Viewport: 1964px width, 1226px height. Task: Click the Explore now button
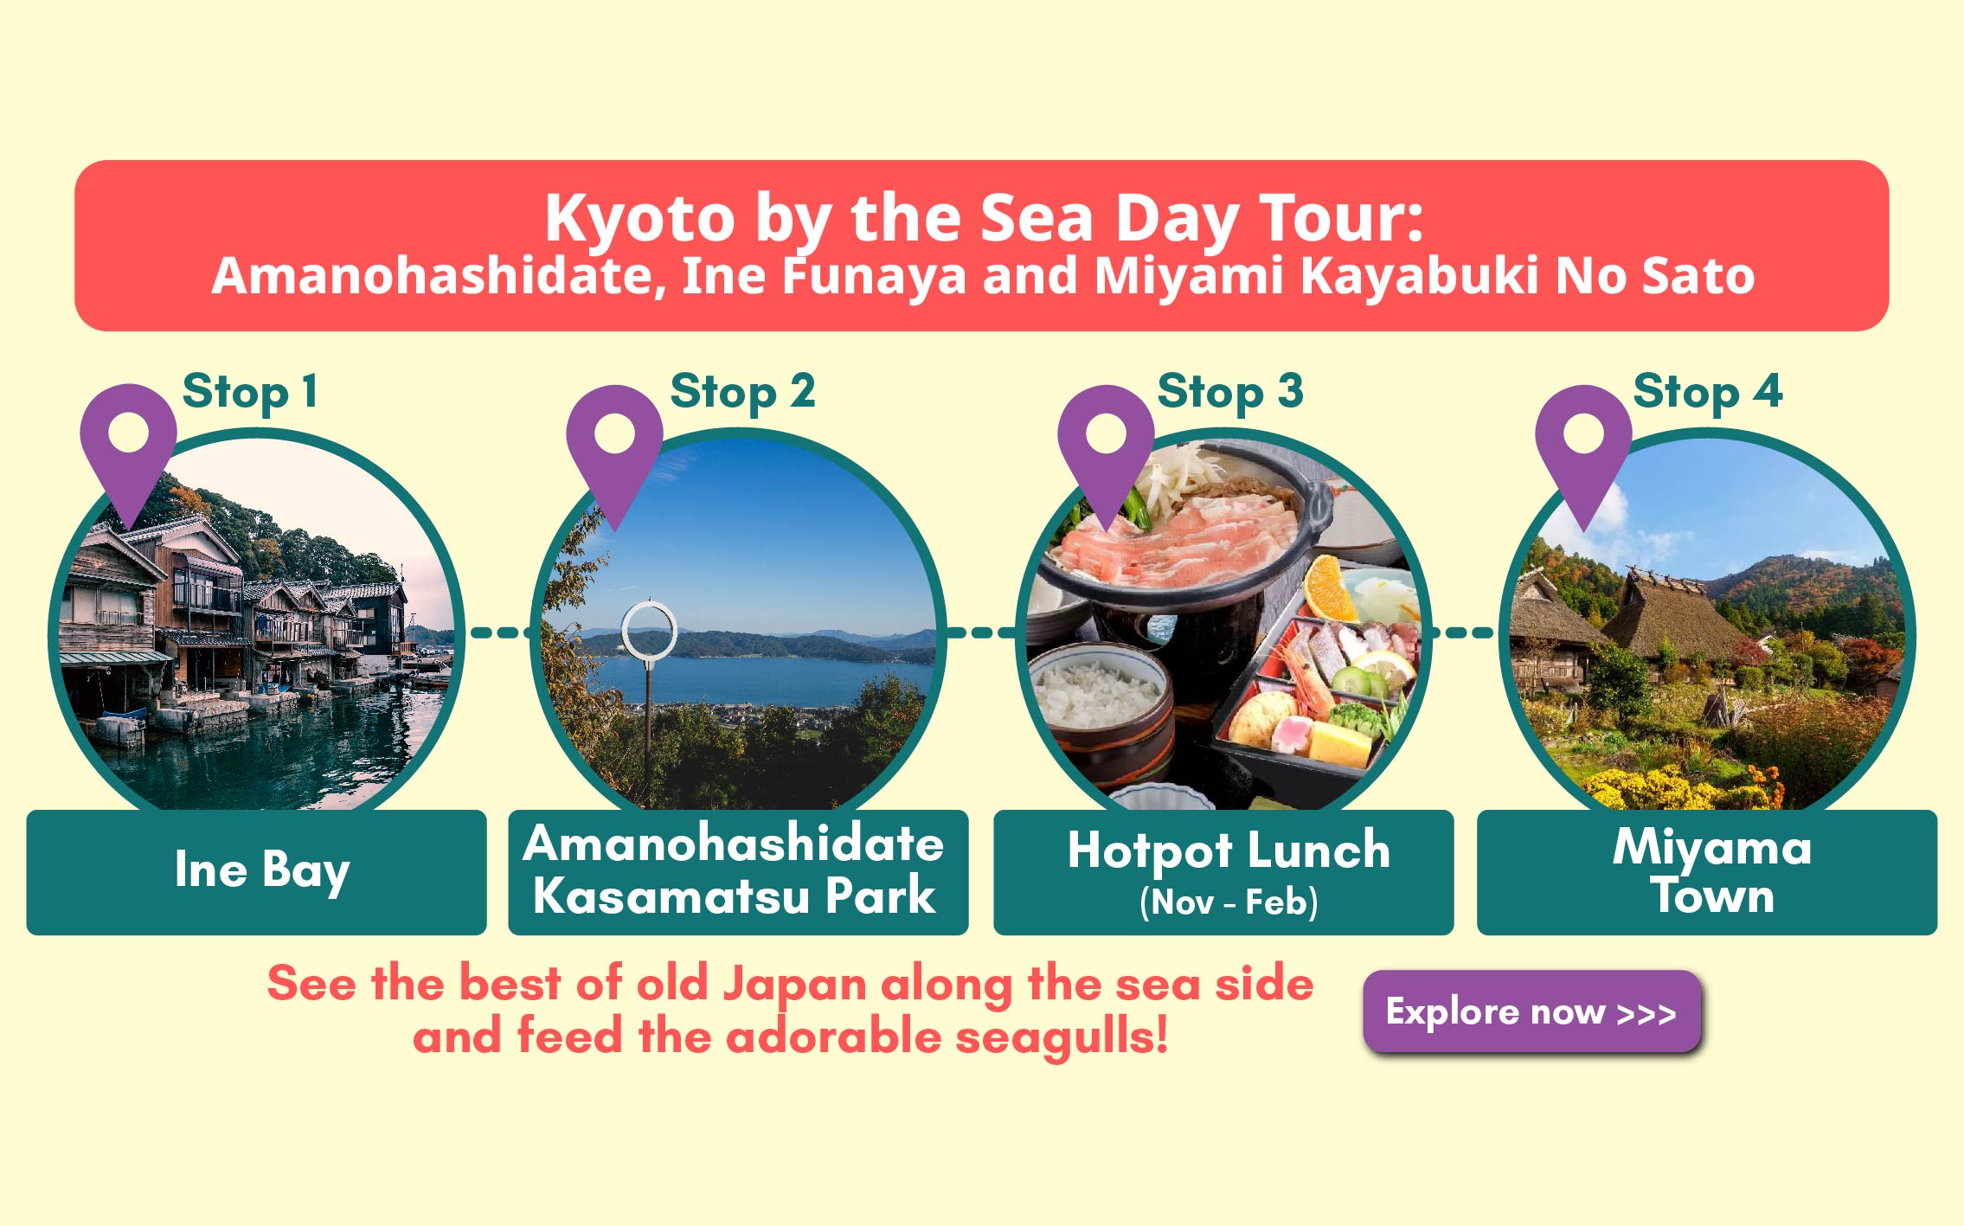coord(1532,1011)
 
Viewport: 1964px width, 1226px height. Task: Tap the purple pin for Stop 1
coord(128,450)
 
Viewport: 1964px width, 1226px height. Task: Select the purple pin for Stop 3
coord(1106,450)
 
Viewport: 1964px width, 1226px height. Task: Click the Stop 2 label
coord(742,391)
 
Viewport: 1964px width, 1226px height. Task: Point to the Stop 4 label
coord(1708,391)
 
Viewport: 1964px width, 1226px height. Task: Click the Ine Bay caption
coord(262,870)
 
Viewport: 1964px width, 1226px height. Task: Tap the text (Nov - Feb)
coord(1229,902)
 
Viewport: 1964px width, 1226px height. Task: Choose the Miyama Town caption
coord(1712,870)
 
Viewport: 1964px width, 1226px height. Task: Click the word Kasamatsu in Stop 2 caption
coord(671,895)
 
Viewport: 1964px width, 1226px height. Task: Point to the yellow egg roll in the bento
coord(1340,743)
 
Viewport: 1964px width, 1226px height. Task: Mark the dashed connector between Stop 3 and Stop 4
coord(1463,633)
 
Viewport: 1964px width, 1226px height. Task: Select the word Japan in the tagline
coord(794,986)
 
